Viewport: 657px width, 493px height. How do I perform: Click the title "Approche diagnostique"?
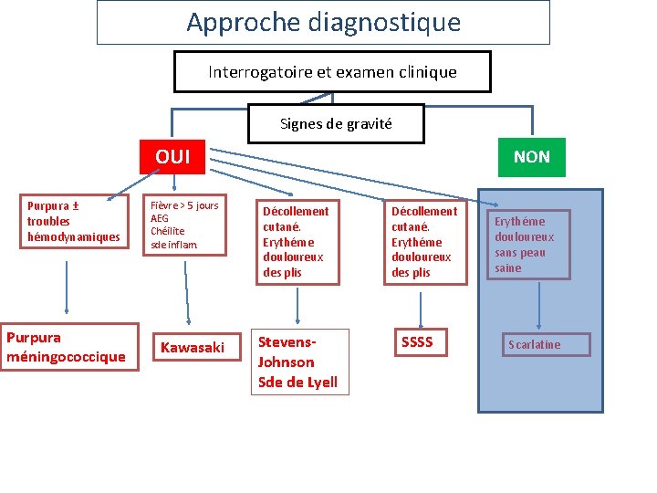click(323, 22)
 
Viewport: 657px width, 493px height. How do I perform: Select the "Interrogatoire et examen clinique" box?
click(332, 71)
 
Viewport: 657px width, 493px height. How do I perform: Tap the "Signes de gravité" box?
click(336, 123)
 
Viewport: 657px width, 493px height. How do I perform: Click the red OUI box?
click(172, 156)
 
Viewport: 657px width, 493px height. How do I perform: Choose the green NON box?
click(531, 157)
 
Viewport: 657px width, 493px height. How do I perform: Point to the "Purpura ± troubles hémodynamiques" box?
click(73, 221)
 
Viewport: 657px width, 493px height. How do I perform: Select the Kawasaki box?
click(193, 347)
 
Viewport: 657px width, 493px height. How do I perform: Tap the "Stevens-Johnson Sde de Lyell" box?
click(297, 362)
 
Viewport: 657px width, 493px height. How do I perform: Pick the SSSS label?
click(417, 342)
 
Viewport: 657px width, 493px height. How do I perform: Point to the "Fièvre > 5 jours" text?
click(184, 206)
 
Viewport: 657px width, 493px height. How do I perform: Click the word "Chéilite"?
click(169, 232)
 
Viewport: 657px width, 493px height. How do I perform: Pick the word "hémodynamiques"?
click(74, 237)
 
